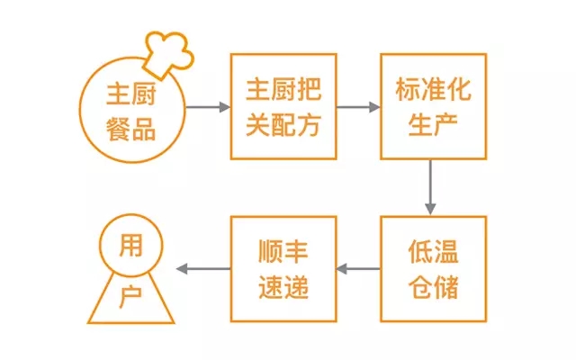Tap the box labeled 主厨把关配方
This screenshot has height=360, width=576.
pos(283,106)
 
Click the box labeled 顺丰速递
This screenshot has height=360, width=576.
pos(283,268)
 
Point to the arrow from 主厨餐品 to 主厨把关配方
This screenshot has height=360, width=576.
pos(207,107)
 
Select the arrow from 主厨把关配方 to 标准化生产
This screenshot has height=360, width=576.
pos(358,107)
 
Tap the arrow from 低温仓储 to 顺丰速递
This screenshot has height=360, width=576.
pos(358,268)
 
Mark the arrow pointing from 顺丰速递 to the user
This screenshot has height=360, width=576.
pos(202,268)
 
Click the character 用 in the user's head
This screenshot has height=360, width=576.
pos(131,246)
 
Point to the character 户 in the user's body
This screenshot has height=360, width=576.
pos(131,296)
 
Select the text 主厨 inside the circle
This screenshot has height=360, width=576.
pos(131,94)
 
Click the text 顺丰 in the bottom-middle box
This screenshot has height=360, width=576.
pos(283,251)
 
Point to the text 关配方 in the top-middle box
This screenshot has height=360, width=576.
pos(283,123)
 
